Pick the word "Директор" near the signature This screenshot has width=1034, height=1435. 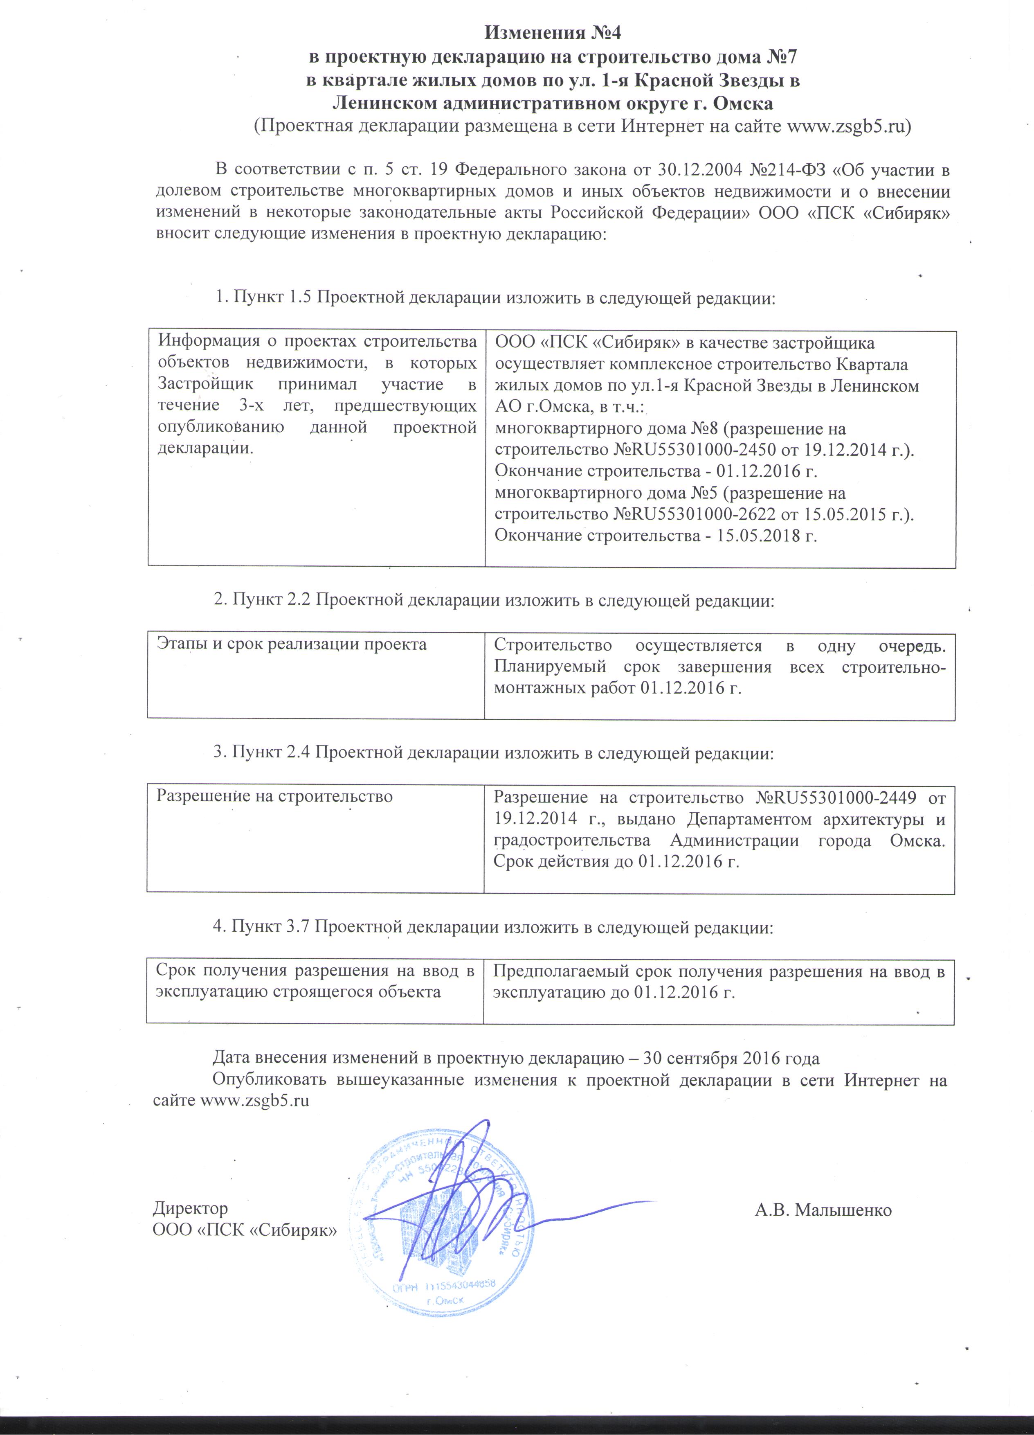click(190, 1208)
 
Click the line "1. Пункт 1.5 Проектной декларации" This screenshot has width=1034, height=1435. click(495, 297)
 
